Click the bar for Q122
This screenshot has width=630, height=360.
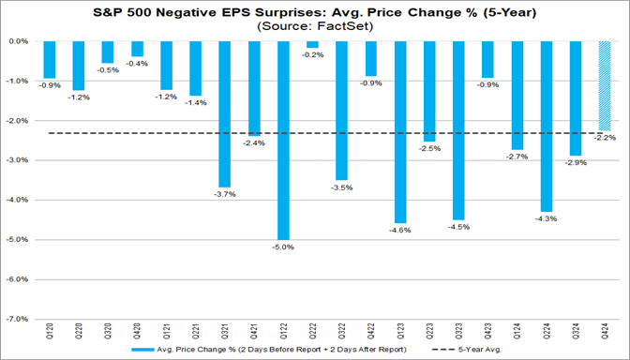click(x=283, y=141)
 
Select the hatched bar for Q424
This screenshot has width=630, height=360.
click(x=605, y=85)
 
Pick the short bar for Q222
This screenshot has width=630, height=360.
click(x=312, y=45)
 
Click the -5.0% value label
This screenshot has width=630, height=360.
click(x=283, y=247)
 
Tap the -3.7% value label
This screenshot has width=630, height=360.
click(x=224, y=194)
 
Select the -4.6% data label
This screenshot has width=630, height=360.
click(x=400, y=231)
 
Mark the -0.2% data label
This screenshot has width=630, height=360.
click(x=312, y=55)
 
